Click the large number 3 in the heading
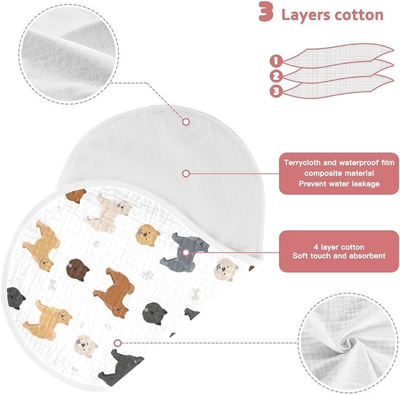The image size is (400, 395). (x=266, y=12)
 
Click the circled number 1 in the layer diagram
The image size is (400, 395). (x=276, y=61)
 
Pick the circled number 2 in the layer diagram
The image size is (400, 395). (x=276, y=76)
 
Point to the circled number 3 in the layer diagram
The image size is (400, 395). (x=276, y=91)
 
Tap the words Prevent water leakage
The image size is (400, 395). (x=339, y=184)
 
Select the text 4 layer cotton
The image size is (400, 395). (x=339, y=247)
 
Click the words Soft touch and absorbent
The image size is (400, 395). (x=339, y=255)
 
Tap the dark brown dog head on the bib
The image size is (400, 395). (x=78, y=270)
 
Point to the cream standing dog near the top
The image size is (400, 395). (x=108, y=213)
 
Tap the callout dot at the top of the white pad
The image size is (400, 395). (x=186, y=122)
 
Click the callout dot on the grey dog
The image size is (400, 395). (x=186, y=253)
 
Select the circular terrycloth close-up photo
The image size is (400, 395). (x=68, y=54)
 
